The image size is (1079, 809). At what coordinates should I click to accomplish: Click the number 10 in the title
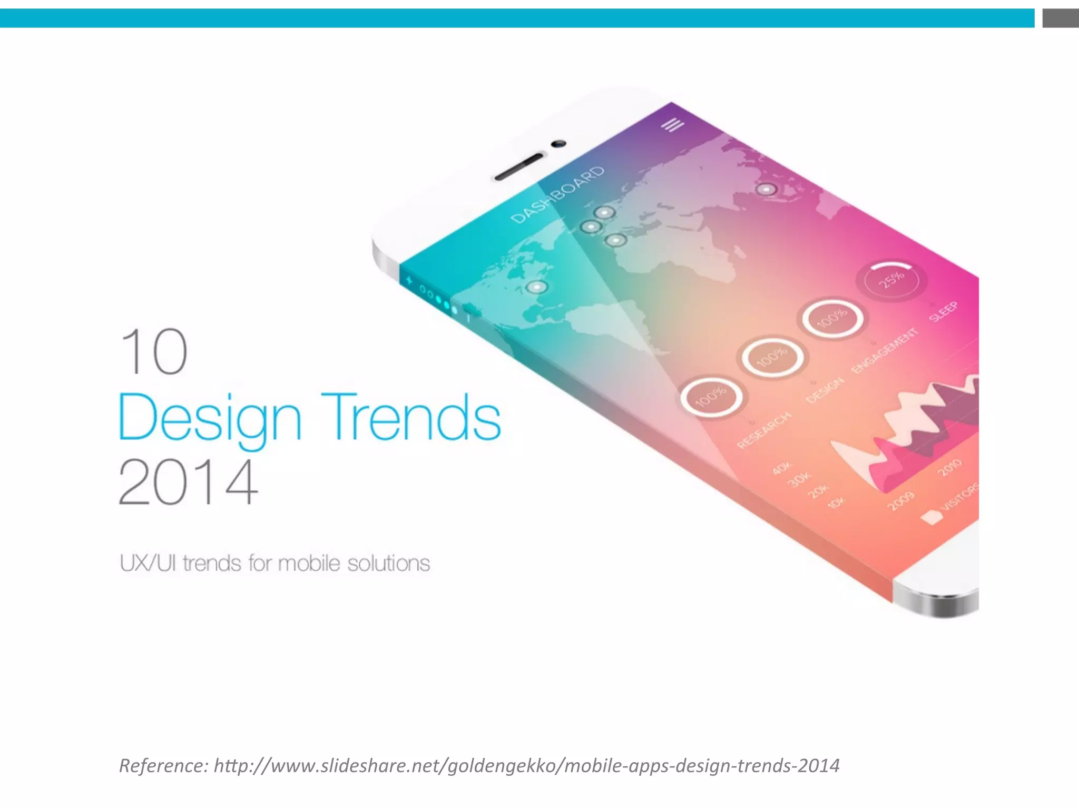click(153, 351)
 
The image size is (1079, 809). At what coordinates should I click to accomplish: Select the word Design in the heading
click(210, 418)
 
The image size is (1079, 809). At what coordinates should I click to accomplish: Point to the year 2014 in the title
click(188, 482)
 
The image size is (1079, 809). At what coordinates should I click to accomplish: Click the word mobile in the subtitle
click(309, 564)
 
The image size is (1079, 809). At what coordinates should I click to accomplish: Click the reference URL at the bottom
click(526, 765)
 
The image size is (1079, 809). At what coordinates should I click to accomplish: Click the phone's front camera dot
click(558, 143)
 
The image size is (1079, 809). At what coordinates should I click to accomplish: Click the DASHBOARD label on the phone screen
click(558, 195)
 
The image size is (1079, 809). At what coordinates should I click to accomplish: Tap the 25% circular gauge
click(891, 280)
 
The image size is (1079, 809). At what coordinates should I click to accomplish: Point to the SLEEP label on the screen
click(943, 311)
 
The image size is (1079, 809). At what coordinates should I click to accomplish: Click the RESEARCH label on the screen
click(764, 430)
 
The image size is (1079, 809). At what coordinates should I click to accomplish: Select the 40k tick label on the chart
click(782, 467)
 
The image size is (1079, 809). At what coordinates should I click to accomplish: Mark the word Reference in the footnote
click(163, 765)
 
